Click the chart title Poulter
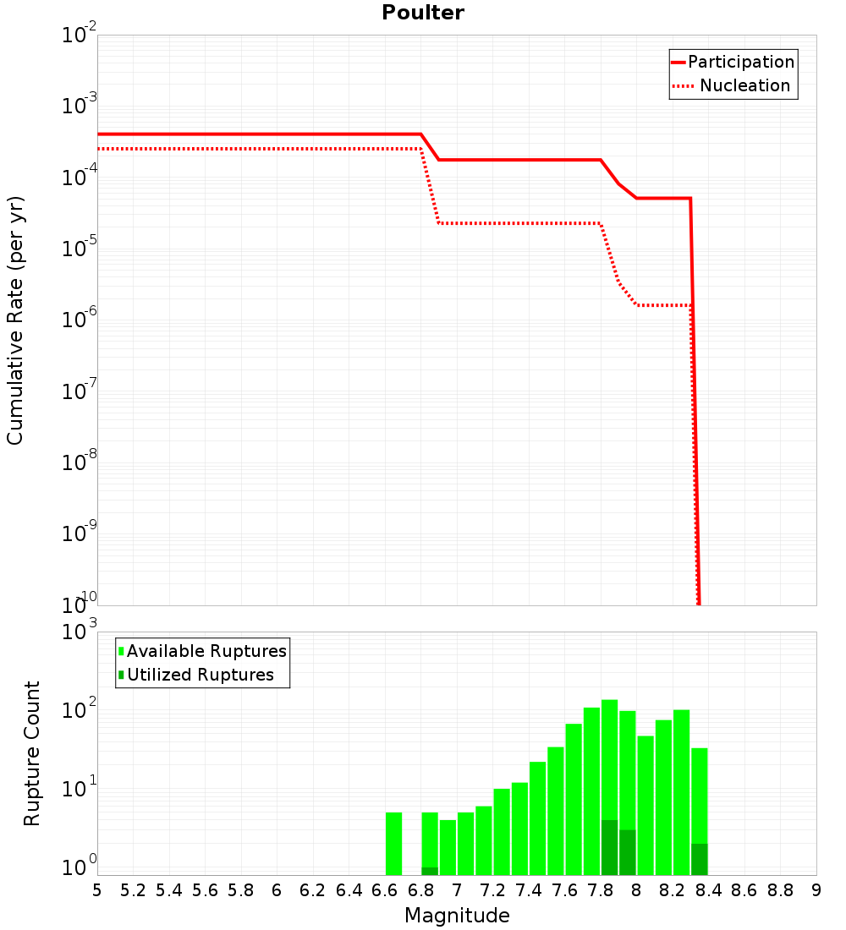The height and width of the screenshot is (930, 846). tap(423, 13)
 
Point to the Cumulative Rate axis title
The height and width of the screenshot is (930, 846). tap(15, 320)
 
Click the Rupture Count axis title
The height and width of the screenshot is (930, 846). tap(32, 753)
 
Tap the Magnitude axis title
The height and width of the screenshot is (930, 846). tap(457, 916)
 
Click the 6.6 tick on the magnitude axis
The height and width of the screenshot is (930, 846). tap(385, 890)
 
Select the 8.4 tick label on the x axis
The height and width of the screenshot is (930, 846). tap(708, 890)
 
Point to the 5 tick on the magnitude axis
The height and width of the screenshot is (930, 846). tap(97, 890)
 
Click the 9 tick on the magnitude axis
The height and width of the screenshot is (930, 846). tap(816, 890)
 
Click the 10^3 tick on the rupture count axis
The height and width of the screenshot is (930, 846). tap(80, 632)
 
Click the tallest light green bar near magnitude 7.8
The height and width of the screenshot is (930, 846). tap(609, 761)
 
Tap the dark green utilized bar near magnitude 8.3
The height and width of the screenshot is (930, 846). tap(699, 859)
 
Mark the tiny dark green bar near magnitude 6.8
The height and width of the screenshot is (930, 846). tap(430, 871)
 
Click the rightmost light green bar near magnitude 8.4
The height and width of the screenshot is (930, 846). tap(699, 795)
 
